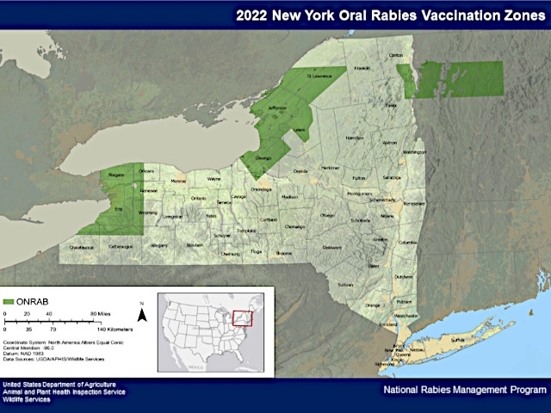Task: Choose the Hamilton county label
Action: tap(354, 138)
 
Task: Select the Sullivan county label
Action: tap(345, 284)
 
